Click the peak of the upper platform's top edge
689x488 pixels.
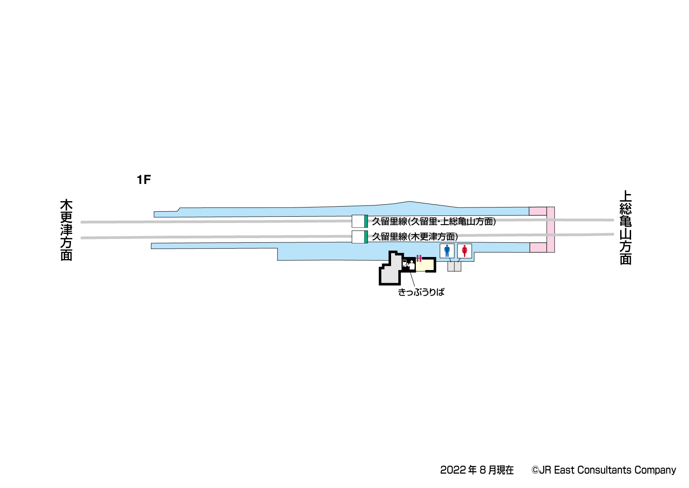[x=410, y=201]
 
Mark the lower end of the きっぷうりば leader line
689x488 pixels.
[x=415, y=287]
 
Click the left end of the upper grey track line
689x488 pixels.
[x=81, y=222]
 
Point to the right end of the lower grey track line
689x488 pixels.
[x=613, y=234]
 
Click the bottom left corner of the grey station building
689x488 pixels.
[x=380, y=284]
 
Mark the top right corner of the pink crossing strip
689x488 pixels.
[x=554, y=207]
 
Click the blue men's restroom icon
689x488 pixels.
[x=447, y=251]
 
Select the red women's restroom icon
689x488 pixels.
[x=465, y=251]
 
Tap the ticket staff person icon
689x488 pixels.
[x=411, y=265]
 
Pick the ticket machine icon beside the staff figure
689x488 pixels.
[x=405, y=263]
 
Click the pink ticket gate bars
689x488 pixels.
[x=419, y=258]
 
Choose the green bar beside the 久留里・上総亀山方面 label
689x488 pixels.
[x=366, y=221]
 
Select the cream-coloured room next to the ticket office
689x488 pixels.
[x=425, y=265]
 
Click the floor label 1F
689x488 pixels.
[x=144, y=179]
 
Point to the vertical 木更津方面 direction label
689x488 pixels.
[x=66, y=230]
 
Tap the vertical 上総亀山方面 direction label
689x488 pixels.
[x=626, y=228]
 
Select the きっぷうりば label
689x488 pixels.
[x=421, y=292]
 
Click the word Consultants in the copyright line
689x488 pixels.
[x=604, y=470]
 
